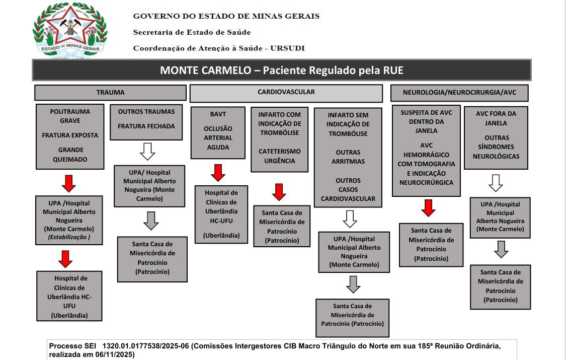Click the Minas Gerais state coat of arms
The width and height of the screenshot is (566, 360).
pos(70,29)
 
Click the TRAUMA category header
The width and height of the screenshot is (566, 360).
pos(110,93)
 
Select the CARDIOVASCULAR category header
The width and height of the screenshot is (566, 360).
pos(286,93)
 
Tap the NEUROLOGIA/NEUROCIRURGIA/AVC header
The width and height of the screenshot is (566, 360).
pos(459,93)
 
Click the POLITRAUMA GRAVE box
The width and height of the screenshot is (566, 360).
pos(70,136)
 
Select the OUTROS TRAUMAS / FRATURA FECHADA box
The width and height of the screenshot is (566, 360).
pos(146,119)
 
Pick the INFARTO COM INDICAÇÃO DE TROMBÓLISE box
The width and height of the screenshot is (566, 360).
pos(279,139)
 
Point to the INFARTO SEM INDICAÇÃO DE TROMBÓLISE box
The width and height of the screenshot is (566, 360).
pos(348,157)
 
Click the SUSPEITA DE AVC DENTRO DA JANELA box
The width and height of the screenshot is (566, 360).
pos(427,150)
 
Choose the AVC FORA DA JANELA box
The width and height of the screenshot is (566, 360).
pos(496,135)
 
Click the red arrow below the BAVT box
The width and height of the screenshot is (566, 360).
pos(218,173)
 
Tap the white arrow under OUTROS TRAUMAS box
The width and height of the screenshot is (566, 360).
pos(147,151)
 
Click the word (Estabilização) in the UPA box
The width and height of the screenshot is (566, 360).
pos(69,237)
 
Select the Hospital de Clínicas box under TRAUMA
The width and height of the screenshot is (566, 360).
pos(69,297)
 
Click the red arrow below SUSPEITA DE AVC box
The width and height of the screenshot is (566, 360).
pos(428,208)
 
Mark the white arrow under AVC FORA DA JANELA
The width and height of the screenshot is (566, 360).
pos(496,183)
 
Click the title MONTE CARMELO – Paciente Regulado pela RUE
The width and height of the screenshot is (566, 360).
pos(281,70)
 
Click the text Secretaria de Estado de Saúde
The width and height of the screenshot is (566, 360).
pos(192,32)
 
